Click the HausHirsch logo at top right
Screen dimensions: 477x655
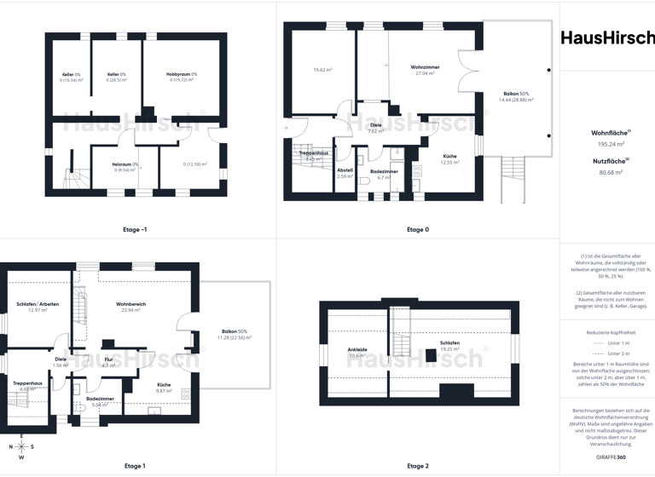[607, 37]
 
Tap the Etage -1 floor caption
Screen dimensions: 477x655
[136, 229]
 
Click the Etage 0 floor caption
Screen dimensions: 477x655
[418, 229]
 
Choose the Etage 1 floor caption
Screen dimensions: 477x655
[134, 466]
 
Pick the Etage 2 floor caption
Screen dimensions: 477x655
[418, 466]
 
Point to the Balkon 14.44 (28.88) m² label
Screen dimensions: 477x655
[515, 96]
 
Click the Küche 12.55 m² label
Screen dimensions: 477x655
[449, 158]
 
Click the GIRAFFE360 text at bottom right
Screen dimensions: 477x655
[607, 458]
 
